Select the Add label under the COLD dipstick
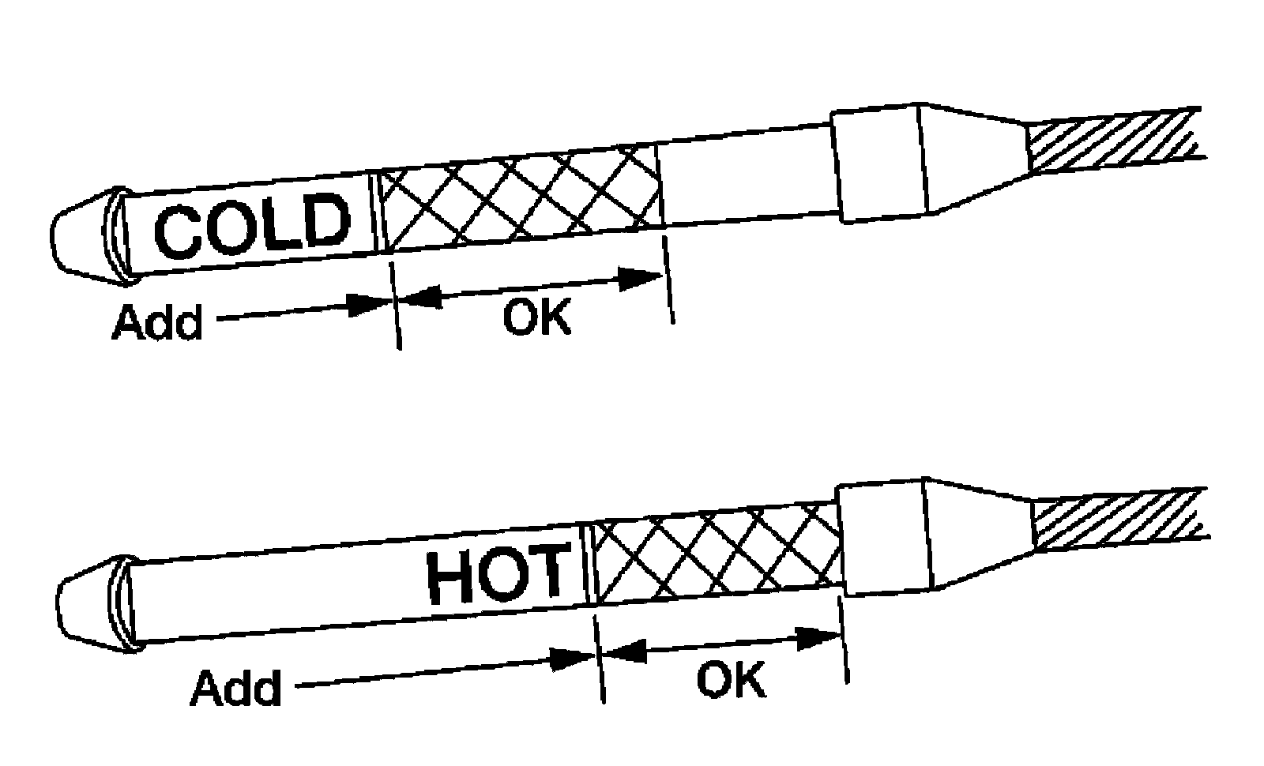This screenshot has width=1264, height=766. point(157,321)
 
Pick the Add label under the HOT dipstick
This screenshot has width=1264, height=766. point(235,686)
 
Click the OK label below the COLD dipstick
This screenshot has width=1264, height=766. point(536,317)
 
